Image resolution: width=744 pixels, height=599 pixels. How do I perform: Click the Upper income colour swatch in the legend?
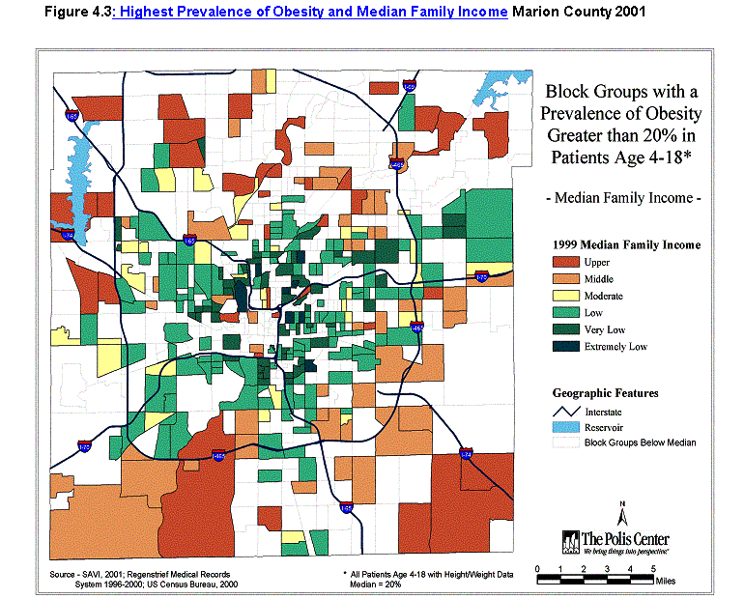(565, 262)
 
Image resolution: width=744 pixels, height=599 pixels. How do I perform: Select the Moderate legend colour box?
(565, 296)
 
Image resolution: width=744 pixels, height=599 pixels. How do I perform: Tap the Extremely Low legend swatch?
(565, 347)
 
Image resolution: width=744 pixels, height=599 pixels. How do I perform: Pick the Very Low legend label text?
(604, 329)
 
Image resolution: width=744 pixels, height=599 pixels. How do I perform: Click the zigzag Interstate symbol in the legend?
(565, 412)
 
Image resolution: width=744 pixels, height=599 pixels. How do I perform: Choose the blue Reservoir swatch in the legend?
(565, 427)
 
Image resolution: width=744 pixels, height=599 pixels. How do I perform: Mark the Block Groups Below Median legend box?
(565, 442)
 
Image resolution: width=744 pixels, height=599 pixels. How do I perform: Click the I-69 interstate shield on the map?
(409, 88)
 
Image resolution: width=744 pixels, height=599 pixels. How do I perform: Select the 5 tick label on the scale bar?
(654, 568)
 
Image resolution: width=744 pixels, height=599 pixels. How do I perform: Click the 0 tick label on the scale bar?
(535, 568)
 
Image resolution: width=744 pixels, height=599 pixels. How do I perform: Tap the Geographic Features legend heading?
(605, 393)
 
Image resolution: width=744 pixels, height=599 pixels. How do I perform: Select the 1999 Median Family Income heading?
(626, 244)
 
